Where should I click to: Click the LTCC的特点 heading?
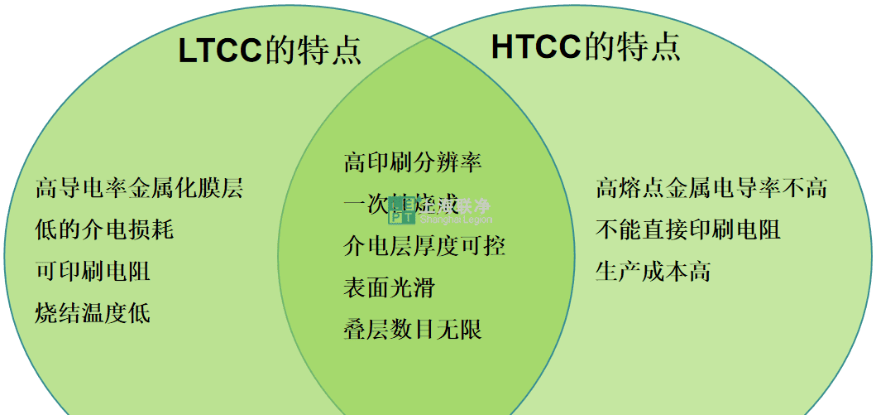[x=270, y=51]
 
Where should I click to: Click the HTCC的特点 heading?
[x=586, y=47]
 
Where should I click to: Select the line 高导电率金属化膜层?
[x=139, y=188]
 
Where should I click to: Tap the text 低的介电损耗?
[x=104, y=229]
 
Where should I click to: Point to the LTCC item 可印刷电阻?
[x=93, y=270]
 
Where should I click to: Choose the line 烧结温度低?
[x=93, y=312]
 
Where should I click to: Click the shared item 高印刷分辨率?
[x=412, y=162]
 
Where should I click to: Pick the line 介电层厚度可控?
[x=424, y=245]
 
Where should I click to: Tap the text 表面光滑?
[x=389, y=287]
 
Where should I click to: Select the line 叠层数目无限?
[x=412, y=330]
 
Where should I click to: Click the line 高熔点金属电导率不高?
[x=711, y=188]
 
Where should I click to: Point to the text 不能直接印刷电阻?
[x=687, y=229]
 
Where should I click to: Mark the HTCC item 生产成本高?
[x=653, y=271]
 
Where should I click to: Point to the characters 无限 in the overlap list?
[x=458, y=330]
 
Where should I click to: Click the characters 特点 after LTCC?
[x=337, y=51]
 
